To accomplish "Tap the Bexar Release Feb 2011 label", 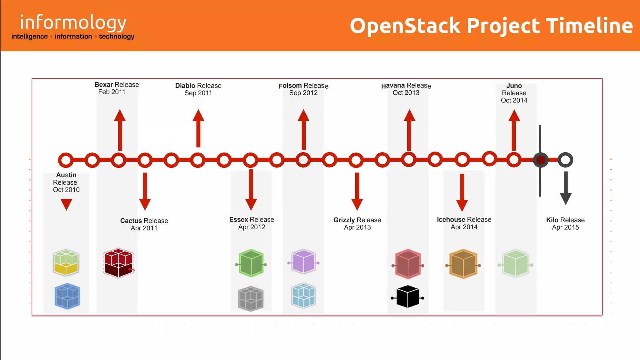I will [116, 88].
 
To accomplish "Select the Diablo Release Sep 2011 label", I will [198, 89].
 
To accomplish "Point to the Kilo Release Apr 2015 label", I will [565, 223].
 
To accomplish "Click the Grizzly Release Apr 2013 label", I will [357, 223].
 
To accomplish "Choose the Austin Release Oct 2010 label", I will [66, 182].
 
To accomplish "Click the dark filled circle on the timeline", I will [541, 160].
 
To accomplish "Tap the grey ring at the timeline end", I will [565, 160].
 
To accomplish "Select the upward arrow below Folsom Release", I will [303, 130].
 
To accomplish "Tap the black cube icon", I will [407, 297].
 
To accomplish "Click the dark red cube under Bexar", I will [118, 263].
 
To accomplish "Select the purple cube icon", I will [303, 262].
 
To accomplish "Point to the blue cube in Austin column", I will [67, 296].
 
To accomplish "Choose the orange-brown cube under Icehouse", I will [463, 264].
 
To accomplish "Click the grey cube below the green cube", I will [251, 298].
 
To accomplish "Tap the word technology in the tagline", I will [117, 37].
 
